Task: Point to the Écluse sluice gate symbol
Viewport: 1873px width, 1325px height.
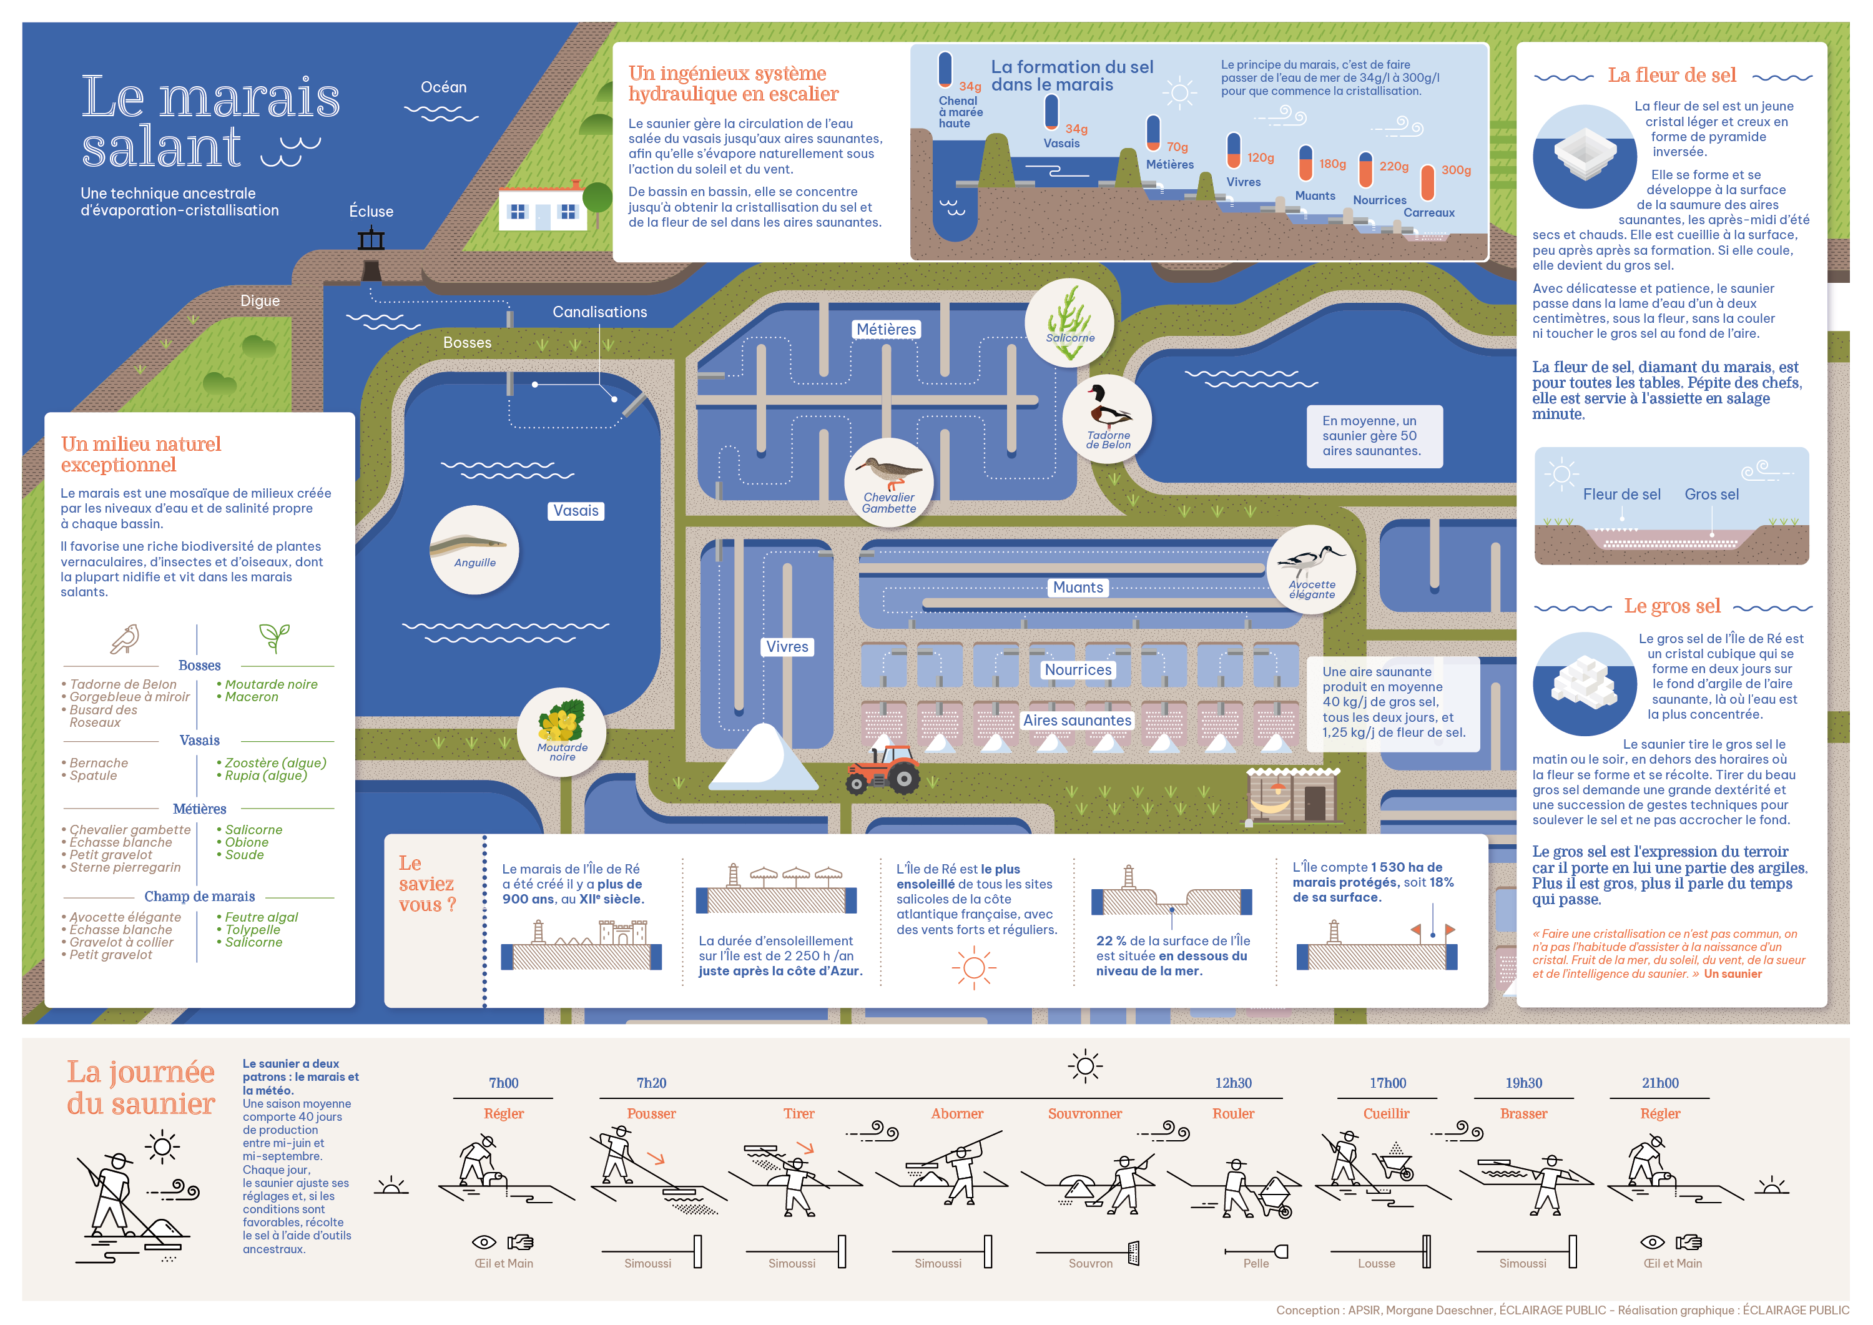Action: click(371, 240)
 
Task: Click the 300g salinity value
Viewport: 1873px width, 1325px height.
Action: click(1456, 170)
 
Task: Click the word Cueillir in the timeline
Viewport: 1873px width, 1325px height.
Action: click(1386, 1114)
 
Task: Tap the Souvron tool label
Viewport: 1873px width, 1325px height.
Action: click(1090, 1263)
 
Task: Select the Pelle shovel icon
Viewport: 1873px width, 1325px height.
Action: click(1280, 1251)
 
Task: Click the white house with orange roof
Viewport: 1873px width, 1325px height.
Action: click(543, 209)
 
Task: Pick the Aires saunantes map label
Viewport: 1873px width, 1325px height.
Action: click(1077, 721)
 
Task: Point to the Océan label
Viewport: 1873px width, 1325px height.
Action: click(444, 87)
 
